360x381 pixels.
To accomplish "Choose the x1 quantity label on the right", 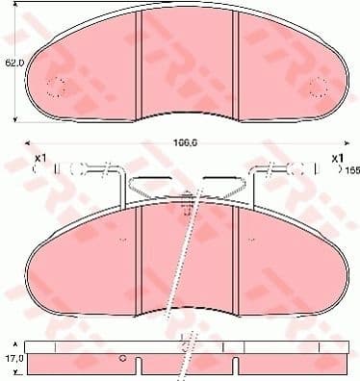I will point(337,158).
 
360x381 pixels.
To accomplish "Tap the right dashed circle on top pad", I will point(318,88).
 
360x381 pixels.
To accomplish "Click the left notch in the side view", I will point(140,367).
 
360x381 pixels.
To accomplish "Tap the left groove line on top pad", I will point(141,58).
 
